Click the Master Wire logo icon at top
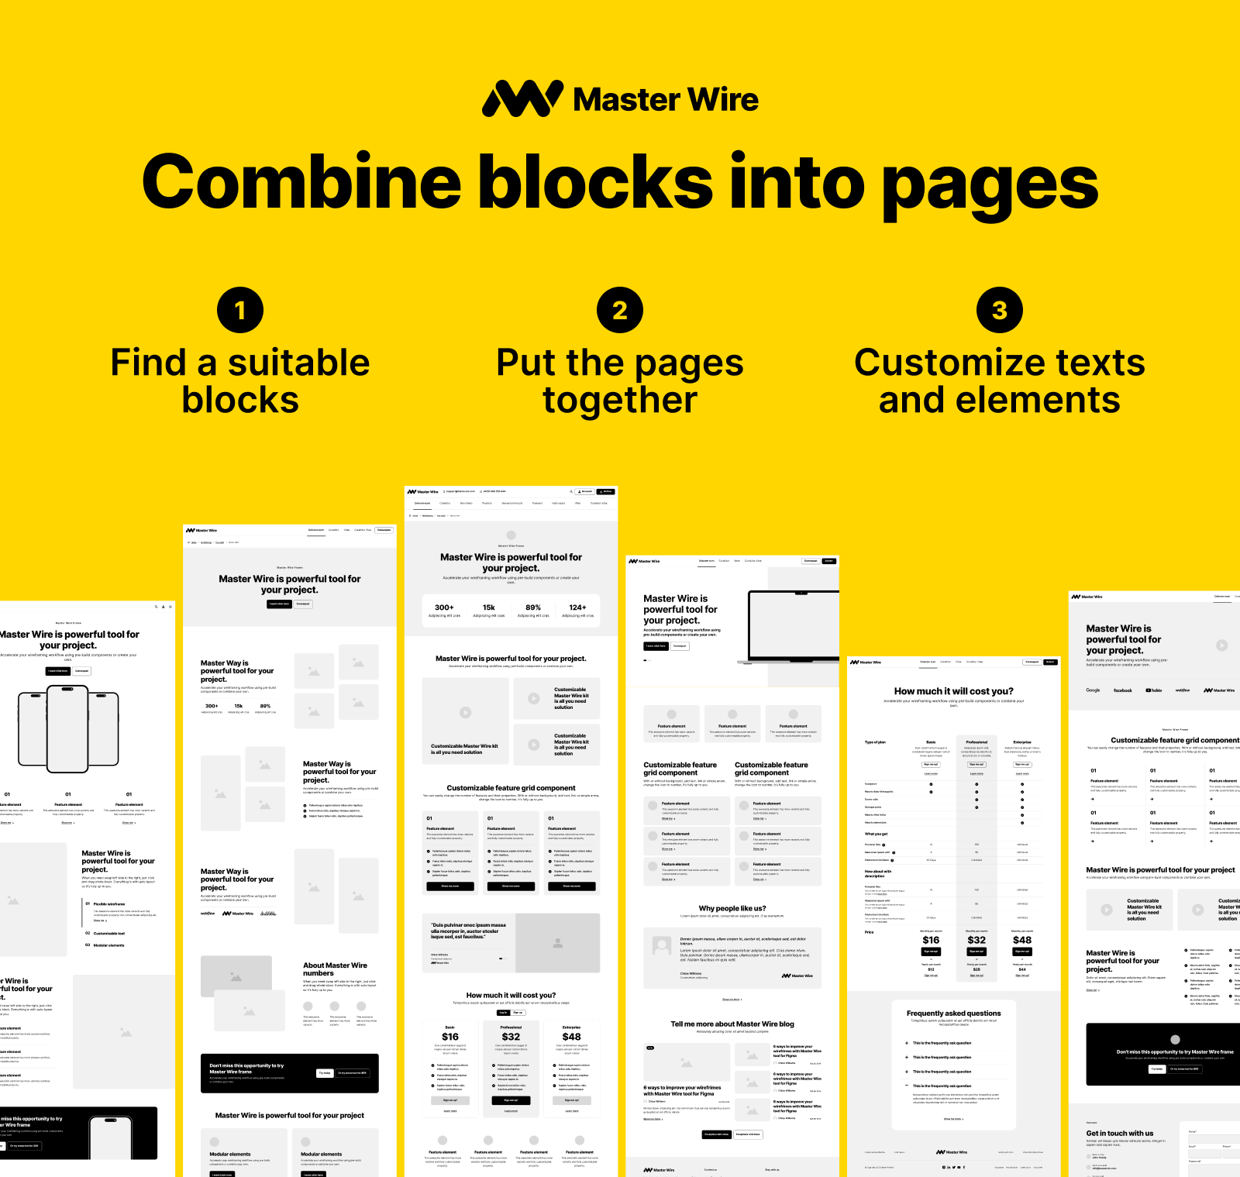point(522,99)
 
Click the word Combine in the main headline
point(301,183)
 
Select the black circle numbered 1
point(240,310)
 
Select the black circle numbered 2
point(620,310)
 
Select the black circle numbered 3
point(1000,310)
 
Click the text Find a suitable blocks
point(240,381)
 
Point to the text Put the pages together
point(620,381)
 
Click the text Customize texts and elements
point(1000,381)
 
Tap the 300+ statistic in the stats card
point(444,607)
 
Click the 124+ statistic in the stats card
point(577,607)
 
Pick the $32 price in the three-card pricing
point(511,1037)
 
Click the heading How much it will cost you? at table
point(953,691)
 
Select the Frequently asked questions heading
point(953,1014)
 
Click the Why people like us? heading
point(732,908)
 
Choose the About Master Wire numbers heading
point(335,969)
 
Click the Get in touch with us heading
point(1119,1133)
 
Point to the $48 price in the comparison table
point(1021,940)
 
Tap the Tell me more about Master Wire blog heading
point(732,1024)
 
